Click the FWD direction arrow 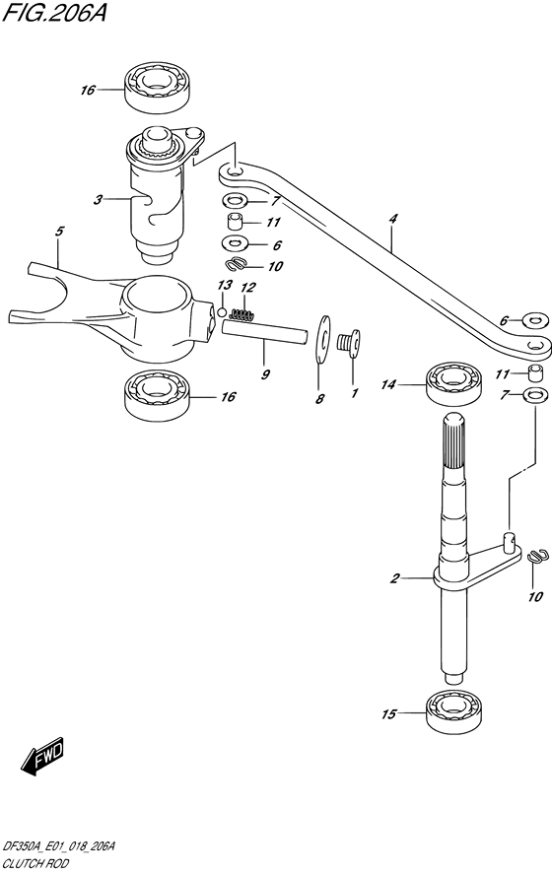[42, 757]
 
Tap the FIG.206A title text [54, 12]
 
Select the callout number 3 [99, 199]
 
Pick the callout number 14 [388, 384]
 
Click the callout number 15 [388, 714]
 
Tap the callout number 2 [394, 578]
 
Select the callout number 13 [226, 286]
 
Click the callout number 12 [248, 288]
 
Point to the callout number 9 [265, 374]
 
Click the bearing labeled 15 [453, 712]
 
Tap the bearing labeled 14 [453, 383]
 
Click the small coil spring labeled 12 [242, 315]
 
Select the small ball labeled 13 [222, 312]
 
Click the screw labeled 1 [349, 341]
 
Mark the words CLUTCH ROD [35, 863]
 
